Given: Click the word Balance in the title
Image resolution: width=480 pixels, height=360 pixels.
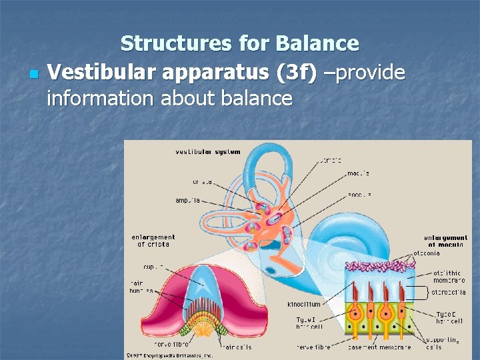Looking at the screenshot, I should [317, 44].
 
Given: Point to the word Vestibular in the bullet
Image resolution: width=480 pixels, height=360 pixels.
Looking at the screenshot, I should [103, 71].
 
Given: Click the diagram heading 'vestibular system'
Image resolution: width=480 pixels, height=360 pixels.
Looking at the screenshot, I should [207, 152].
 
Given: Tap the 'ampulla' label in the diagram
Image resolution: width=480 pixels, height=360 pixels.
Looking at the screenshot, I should [188, 200].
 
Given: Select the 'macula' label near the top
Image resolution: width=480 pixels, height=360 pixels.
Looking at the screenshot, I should [359, 174].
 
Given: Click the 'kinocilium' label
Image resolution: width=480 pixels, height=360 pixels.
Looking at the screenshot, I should [304, 304].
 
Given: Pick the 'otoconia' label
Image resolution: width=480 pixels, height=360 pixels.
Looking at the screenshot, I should [427, 253].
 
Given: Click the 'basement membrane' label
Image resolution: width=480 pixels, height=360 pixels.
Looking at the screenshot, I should [390, 347].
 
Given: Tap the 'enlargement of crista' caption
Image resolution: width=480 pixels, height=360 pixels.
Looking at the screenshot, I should [153, 241].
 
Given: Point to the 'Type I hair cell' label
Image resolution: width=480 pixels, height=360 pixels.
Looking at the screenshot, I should [310, 323].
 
